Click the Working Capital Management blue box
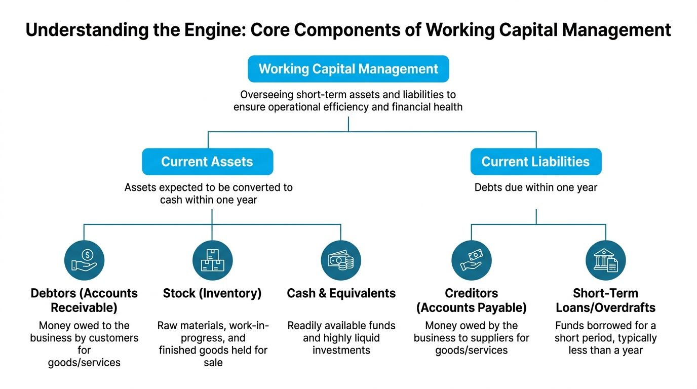click(348, 69)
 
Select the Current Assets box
click(208, 162)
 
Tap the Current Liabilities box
click(536, 162)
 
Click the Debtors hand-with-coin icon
click(84, 260)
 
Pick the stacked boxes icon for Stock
click(213, 260)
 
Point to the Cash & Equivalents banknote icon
click(341, 260)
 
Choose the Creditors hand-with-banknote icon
click(472, 260)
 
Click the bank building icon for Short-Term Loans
click(605, 260)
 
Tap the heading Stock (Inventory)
click(212, 293)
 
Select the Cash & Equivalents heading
click(341, 293)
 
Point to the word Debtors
click(53, 293)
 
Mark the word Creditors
click(472, 293)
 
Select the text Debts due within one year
click(536, 187)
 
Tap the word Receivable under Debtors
click(84, 308)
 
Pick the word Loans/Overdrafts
click(605, 308)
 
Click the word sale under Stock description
click(213, 363)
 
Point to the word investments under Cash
click(341, 350)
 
